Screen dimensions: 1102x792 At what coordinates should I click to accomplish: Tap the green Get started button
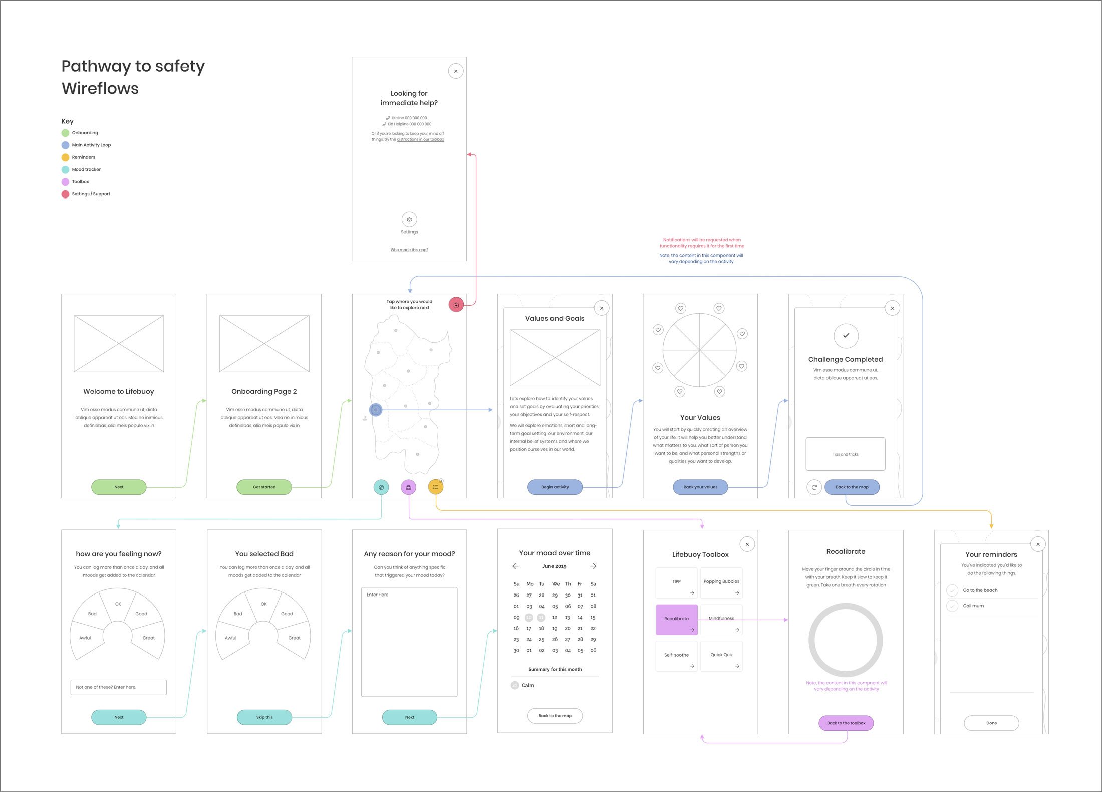pos(264,487)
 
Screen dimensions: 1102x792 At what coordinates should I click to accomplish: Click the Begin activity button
pos(555,487)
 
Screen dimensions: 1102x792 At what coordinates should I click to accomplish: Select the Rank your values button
pos(700,487)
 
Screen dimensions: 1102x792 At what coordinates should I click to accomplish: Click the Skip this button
pos(264,717)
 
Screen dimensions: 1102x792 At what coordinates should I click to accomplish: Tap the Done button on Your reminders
pos(991,723)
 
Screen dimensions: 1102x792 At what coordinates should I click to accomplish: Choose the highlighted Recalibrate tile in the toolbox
pos(676,620)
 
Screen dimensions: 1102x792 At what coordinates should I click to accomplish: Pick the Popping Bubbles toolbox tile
pos(721,582)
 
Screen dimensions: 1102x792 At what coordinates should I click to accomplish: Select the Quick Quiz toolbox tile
pos(721,656)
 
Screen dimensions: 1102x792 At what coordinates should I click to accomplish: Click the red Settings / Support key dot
pos(65,194)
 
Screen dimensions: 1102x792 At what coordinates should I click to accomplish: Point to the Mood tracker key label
pos(86,170)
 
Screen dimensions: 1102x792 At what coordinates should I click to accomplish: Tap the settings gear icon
pos(409,220)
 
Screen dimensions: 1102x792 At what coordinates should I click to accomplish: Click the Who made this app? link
pos(409,250)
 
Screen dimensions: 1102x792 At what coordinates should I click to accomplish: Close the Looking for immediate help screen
pos(456,71)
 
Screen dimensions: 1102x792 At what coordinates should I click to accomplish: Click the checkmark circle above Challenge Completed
pos(846,336)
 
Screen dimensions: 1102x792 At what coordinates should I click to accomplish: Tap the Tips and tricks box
pos(846,454)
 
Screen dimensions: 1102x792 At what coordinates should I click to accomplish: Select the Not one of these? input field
pos(118,687)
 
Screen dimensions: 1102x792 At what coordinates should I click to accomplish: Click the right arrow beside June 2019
pos(593,566)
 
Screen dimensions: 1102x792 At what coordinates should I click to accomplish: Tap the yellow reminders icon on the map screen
pos(435,487)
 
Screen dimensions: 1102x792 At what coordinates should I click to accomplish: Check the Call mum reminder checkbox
pos(952,606)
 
